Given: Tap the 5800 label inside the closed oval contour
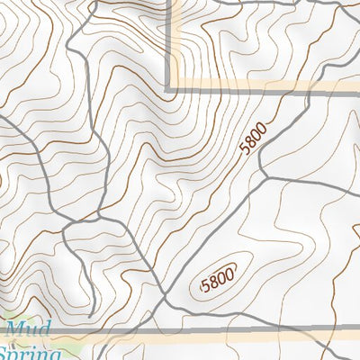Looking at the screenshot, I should coord(219,281).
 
